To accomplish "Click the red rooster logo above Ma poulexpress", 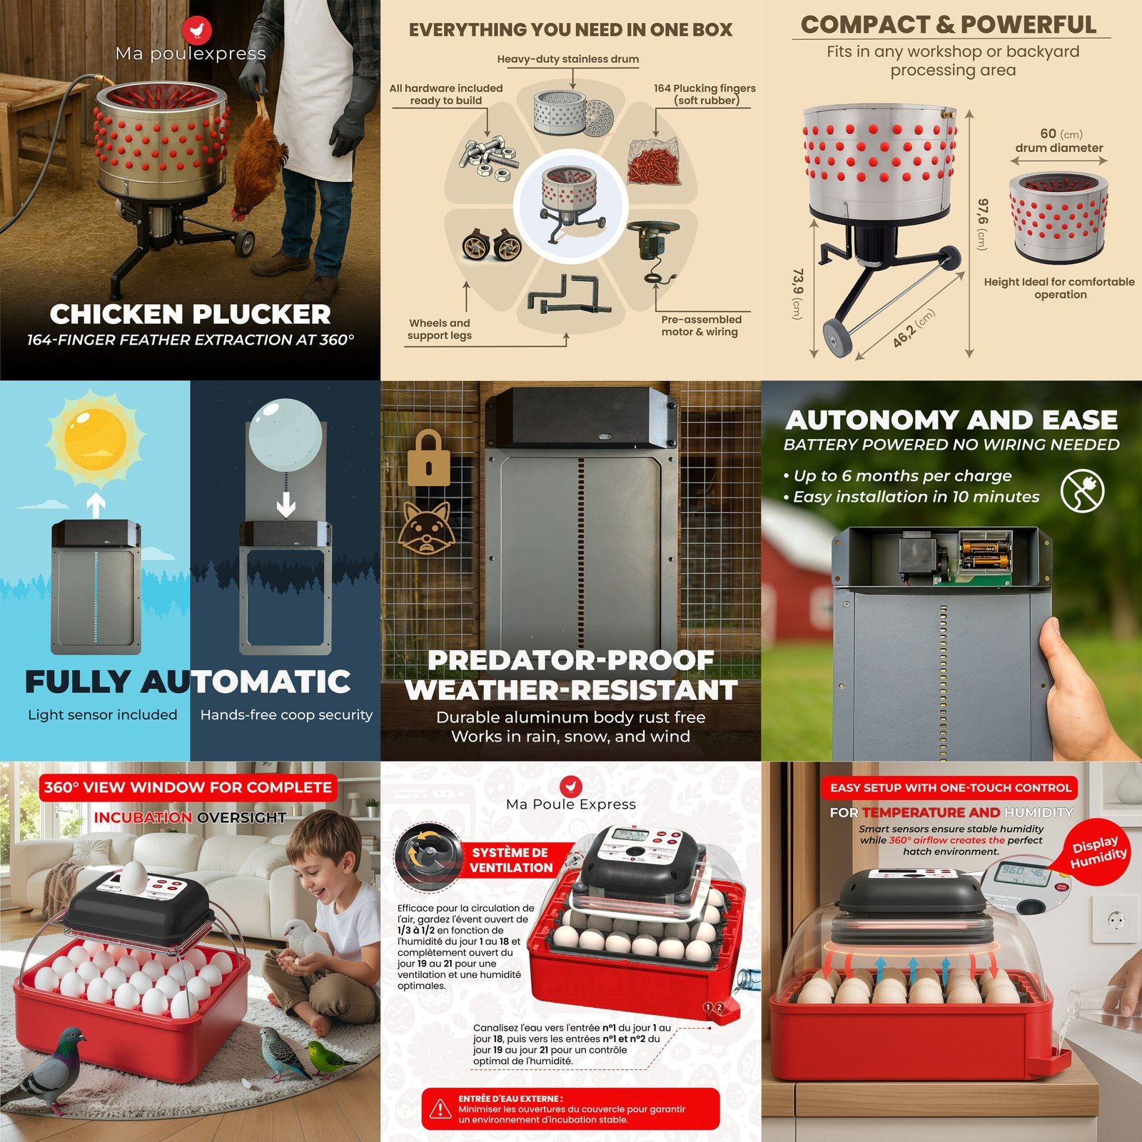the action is (197, 30).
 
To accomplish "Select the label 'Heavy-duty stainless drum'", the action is (568, 59).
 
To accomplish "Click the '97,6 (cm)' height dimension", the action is (982, 224).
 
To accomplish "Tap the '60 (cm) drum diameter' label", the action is (1060, 141).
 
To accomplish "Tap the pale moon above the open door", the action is (285, 435).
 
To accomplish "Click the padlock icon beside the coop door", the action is (428, 458).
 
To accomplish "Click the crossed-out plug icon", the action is (1082, 490).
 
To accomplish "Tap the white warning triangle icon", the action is (440, 1108).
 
